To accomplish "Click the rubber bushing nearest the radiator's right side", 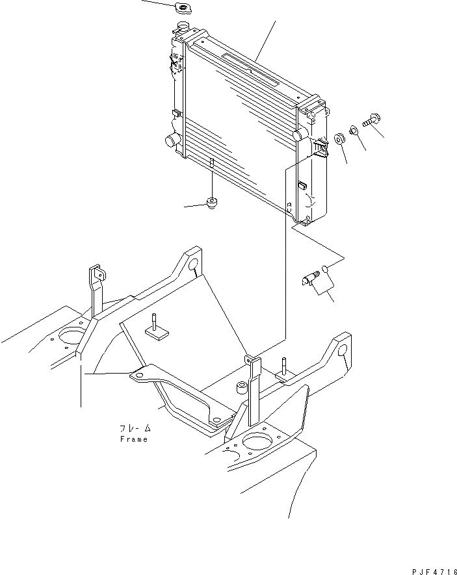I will [339, 139].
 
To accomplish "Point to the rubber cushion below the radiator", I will [212, 203].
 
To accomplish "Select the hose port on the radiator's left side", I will [172, 140].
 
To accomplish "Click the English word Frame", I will [133, 439].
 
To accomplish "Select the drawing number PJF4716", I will [433, 570].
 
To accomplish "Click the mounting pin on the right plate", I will [285, 366].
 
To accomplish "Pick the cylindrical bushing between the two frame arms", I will [242, 388].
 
